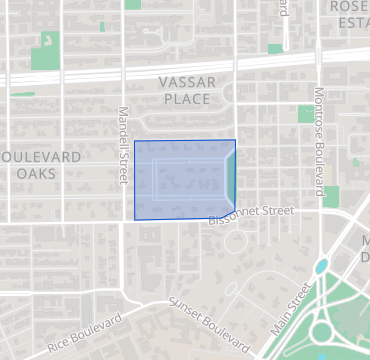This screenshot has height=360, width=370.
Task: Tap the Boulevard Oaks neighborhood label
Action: (42, 165)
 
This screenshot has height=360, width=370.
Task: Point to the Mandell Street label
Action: (124, 146)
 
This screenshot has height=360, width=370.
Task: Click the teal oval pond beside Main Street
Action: (321, 267)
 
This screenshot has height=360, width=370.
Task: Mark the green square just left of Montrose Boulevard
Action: (306, 115)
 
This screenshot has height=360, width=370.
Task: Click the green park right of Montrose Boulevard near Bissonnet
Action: (331, 196)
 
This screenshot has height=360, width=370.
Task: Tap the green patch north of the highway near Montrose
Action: (275, 47)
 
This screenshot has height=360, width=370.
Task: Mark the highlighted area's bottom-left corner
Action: (135, 219)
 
